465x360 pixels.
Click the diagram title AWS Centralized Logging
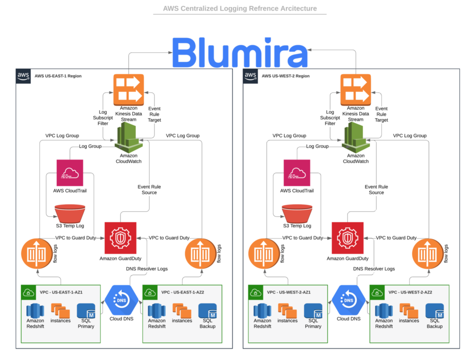pyautogui.click(x=239, y=8)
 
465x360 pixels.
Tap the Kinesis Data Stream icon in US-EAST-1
pyautogui.click(x=128, y=88)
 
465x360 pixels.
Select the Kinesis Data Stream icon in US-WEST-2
pyautogui.click(x=356, y=88)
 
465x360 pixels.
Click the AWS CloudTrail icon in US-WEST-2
pyautogui.click(x=297, y=172)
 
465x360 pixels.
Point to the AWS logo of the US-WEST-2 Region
pyautogui.click(x=250, y=75)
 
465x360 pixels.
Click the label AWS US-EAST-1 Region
pyautogui.click(x=58, y=76)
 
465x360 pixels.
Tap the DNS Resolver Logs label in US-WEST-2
pyautogui.click(x=374, y=269)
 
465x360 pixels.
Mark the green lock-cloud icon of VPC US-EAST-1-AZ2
pyautogui.click(x=150, y=292)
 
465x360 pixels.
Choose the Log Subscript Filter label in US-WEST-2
pyautogui.click(x=330, y=118)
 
